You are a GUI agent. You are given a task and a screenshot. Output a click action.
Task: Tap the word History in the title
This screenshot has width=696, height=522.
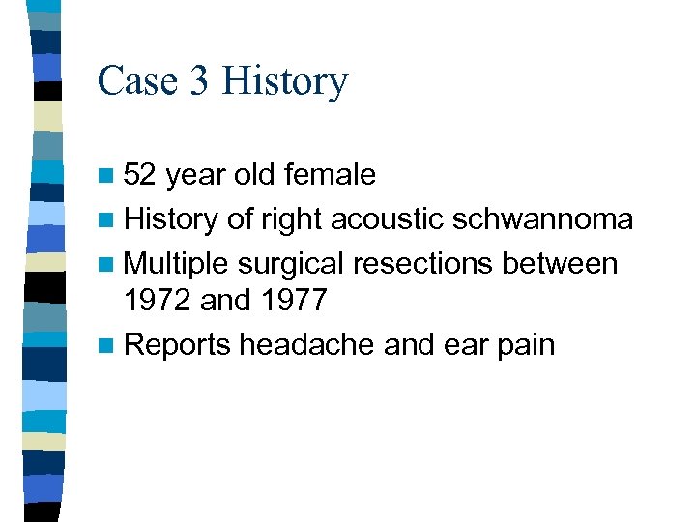click(x=284, y=82)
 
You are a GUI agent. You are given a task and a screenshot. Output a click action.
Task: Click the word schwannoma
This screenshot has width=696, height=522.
click(x=544, y=219)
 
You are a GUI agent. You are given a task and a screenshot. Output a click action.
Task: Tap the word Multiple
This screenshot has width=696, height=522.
click(x=177, y=263)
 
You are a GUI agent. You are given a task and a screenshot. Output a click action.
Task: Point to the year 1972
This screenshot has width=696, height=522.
click(x=159, y=300)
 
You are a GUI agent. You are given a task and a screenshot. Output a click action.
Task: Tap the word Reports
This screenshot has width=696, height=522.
click(x=178, y=345)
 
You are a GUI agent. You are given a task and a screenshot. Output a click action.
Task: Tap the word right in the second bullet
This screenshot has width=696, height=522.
click(x=290, y=220)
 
